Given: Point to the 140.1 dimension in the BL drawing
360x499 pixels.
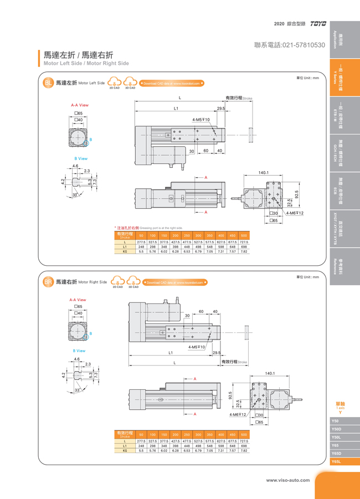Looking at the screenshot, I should [x=264, y=173].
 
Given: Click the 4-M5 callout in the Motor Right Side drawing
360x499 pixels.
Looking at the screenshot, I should [x=197, y=347].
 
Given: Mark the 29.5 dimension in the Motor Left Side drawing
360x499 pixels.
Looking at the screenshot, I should [x=221, y=109].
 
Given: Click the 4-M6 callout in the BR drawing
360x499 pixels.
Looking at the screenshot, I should [x=238, y=414].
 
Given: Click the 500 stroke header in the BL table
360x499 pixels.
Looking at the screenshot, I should [x=244, y=236].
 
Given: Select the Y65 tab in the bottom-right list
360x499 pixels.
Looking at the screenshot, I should [x=336, y=445].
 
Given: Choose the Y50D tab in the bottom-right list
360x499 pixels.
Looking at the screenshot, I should [x=337, y=429].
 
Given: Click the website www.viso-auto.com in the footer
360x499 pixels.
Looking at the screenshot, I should [x=287, y=480].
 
